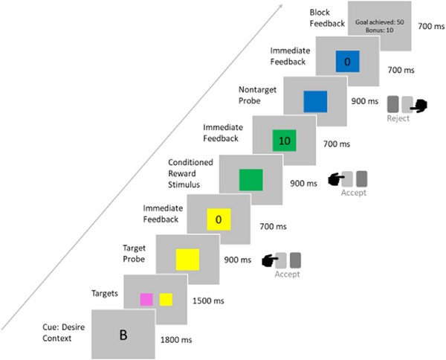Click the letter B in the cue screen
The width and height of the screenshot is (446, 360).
click(x=123, y=335)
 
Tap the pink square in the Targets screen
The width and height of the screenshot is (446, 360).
click(x=146, y=300)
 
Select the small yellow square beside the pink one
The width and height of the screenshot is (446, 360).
click(x=166, y=300)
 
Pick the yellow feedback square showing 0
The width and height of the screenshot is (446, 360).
click(x=219, y=220)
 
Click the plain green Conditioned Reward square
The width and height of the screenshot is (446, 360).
click(x=251, y=179)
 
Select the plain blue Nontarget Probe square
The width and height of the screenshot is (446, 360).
click(x=315, y=100)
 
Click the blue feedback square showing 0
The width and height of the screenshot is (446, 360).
click(x=347, y=62)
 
